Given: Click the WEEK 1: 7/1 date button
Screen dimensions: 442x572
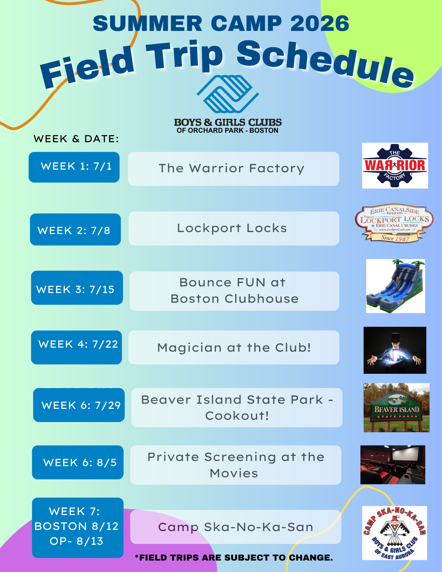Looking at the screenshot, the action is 74,167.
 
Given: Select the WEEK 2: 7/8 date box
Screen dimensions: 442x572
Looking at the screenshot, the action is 75,229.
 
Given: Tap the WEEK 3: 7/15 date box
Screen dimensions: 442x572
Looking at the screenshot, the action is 77,288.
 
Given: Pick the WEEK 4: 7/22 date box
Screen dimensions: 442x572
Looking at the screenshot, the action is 76,347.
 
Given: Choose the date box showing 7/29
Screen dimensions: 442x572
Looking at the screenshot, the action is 79,405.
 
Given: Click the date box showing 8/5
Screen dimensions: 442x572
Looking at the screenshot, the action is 78,462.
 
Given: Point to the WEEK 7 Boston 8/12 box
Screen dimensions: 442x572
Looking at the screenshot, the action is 78,528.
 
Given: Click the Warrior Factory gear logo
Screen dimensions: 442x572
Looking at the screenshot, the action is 395,166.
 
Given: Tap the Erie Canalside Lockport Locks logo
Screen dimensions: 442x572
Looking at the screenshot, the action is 395,223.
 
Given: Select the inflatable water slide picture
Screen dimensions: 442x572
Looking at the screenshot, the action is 396,286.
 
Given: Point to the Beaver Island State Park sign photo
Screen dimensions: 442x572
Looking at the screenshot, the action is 397,407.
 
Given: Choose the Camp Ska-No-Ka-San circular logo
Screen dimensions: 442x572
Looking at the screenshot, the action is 395,533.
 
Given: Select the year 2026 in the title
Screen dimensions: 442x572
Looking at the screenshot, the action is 320,23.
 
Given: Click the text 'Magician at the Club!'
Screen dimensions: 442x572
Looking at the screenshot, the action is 234,348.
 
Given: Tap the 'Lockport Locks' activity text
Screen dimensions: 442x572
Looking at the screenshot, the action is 232,228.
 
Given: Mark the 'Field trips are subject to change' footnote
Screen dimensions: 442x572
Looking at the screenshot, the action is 234,557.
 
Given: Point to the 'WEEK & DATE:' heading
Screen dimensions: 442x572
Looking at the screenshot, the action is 76,139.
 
